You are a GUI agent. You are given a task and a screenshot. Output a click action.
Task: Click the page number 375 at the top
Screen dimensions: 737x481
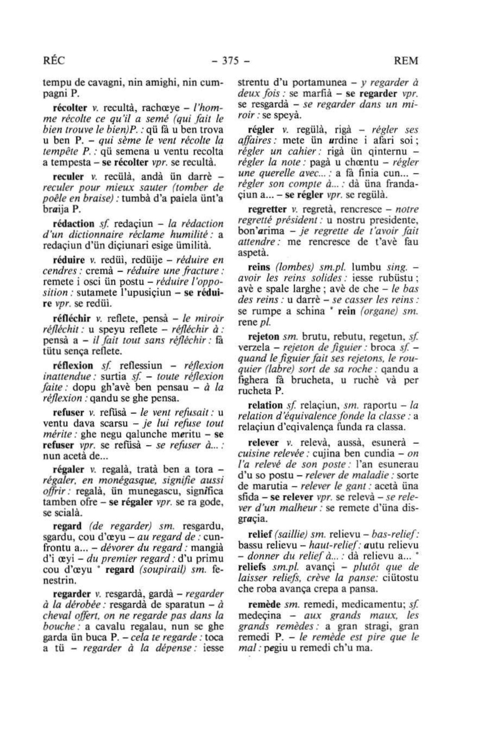click(232, 61)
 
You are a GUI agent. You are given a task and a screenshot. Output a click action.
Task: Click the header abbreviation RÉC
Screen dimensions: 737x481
click(54, 61)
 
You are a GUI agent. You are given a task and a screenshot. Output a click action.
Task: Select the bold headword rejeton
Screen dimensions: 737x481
click(264, 337)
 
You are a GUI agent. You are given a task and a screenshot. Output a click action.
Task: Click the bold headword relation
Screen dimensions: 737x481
click(265, 405)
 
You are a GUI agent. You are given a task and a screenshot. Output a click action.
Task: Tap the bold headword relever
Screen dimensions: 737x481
click(264, 442)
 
